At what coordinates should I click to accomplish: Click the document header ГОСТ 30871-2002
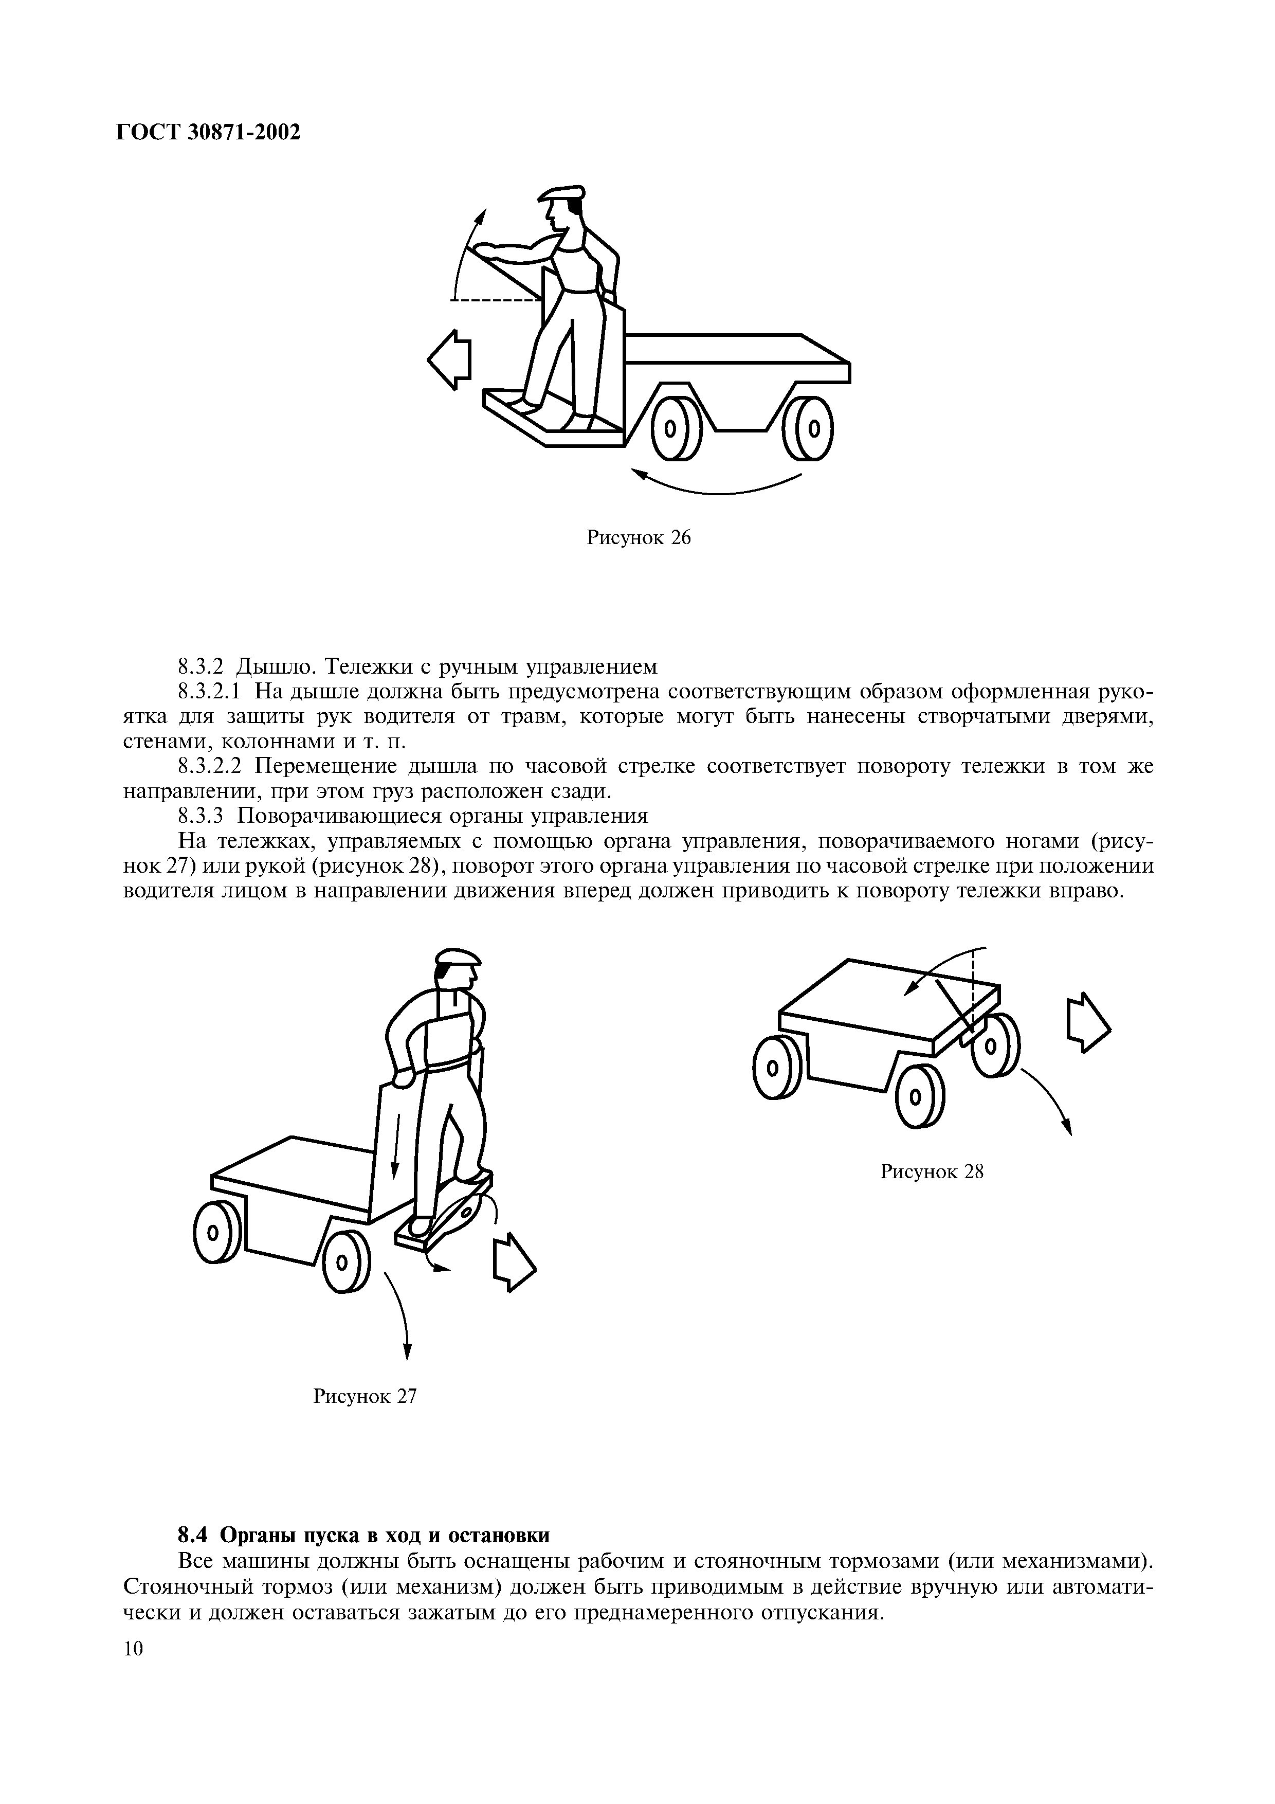pos(208,133)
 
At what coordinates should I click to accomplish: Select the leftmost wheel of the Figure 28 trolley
pos(773,1068)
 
